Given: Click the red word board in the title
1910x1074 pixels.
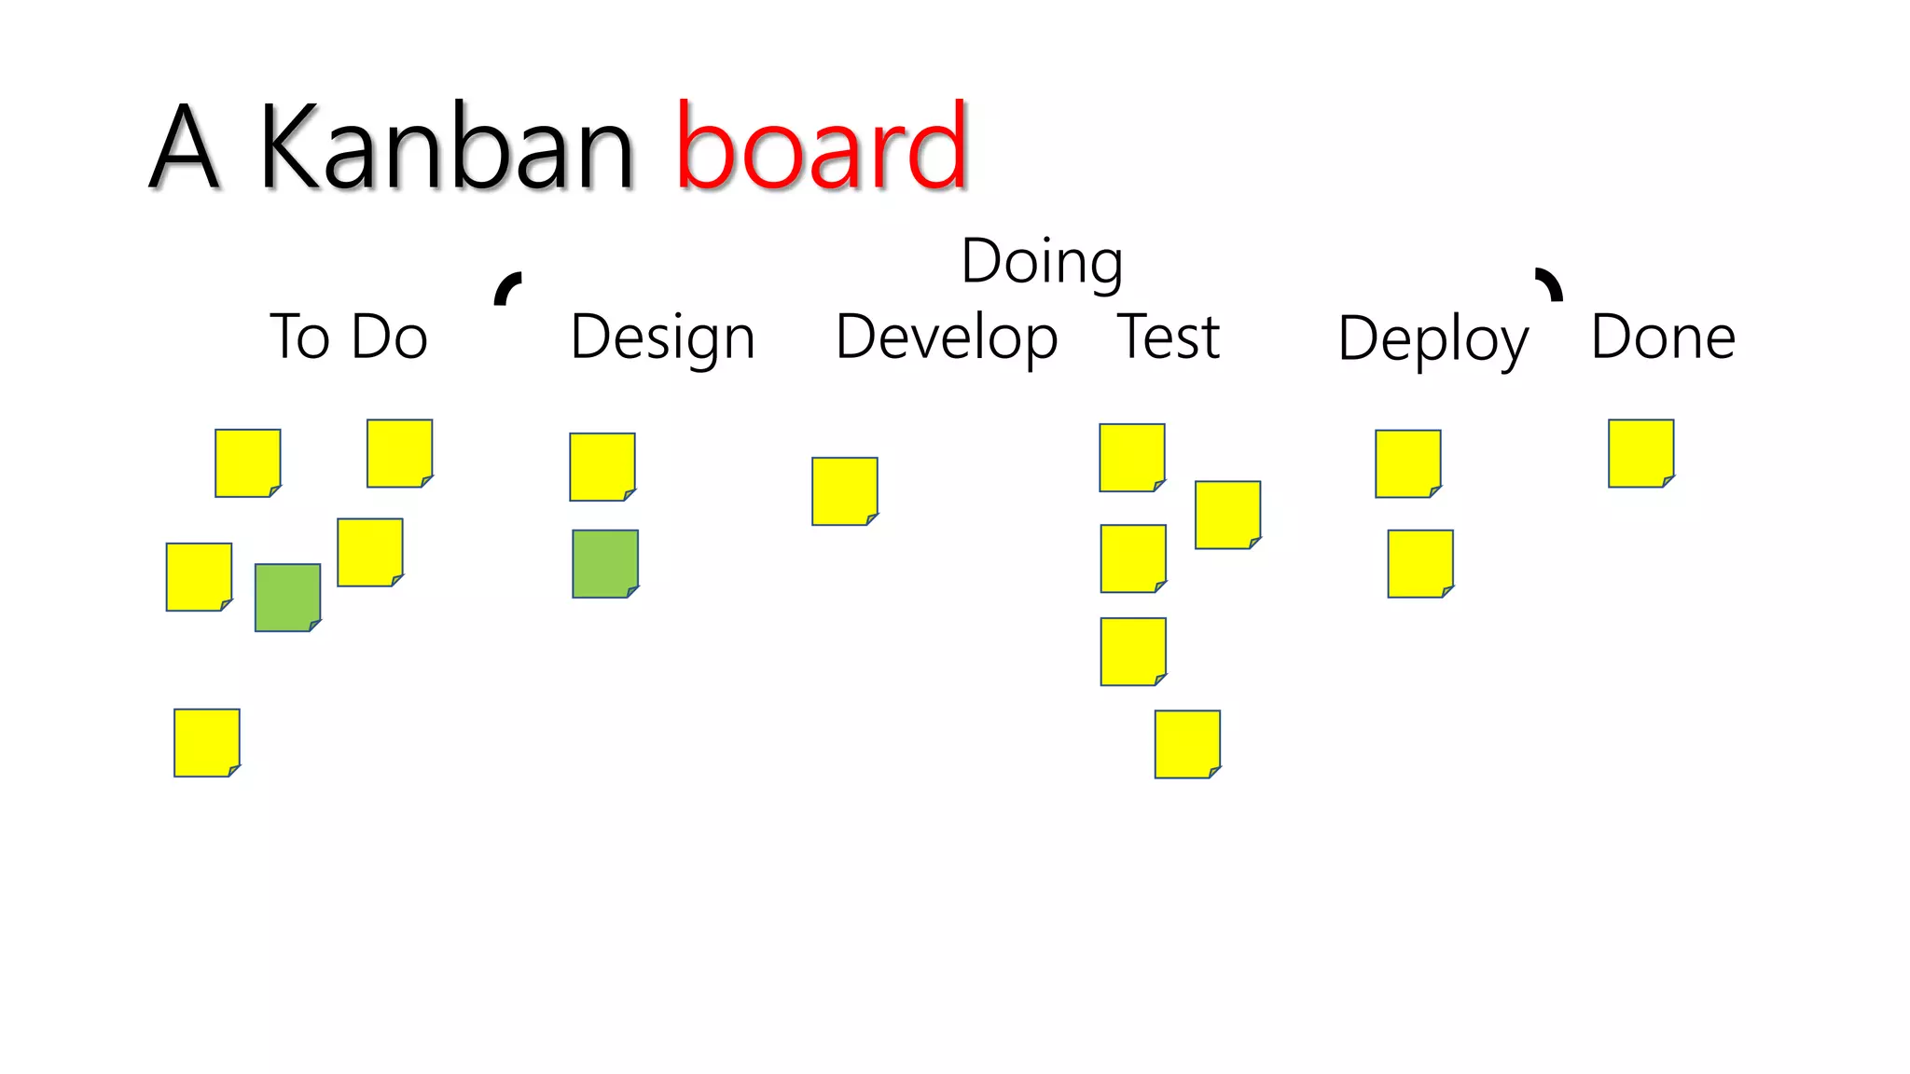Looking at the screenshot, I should [x=821, y=147].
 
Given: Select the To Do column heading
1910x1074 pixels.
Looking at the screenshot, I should [x=349, y=337].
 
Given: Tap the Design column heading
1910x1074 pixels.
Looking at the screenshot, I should [x=662, y=337].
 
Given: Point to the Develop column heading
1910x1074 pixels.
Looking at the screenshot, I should [x=946, y=337].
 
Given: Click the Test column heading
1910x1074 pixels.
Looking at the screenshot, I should [x=1169, y=337].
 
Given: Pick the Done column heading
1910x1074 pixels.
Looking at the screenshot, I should [x=1663, y=337].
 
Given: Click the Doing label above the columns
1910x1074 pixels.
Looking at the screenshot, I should [x=1042, y=262].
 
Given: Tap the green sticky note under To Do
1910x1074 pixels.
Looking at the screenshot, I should [x=287, y=598].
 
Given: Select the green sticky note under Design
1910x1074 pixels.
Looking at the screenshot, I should [x=605, y=564].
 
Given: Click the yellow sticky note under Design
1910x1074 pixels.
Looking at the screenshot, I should [x=602, y=466].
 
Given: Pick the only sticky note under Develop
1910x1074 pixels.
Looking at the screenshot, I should [x=845, y=491].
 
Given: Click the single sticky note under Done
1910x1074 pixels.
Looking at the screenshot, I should [x=1640, y=453].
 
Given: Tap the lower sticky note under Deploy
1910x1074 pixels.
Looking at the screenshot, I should [x=1420, y=564].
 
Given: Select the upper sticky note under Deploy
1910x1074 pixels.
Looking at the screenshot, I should [x=1408, y=463].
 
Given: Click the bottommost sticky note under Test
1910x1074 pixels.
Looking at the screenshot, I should [x=1187, y=744].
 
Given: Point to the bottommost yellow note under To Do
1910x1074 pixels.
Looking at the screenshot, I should [x=207, y=743].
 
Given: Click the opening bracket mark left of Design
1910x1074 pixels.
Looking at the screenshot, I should [x=506, y=288].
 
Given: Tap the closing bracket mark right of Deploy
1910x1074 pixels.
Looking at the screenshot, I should [x=1550, y=284].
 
